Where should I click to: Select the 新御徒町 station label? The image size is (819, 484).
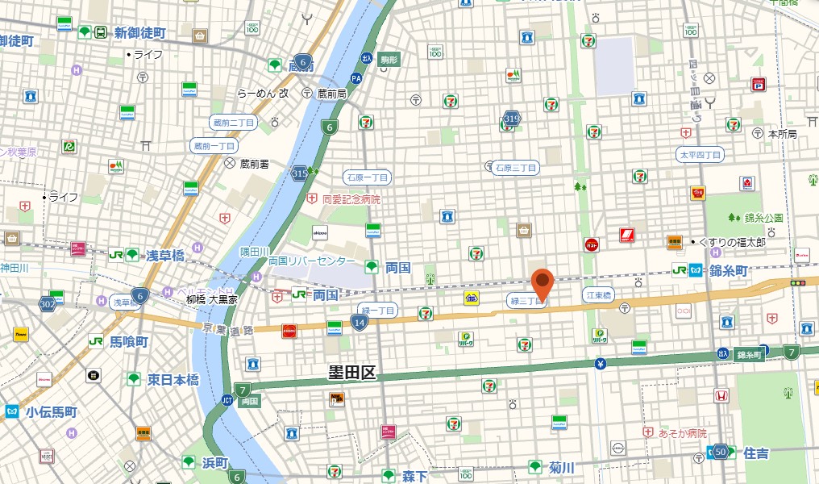[x=139, y=33]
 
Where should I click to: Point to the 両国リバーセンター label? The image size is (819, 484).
[x=311, y=261]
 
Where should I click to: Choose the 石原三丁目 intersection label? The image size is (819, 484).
[x=515, y=167]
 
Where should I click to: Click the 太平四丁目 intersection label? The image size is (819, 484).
[x=701, y=154]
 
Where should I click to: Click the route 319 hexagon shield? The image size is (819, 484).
[x=511, y=119]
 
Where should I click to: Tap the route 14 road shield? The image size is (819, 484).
[x=359, y=323]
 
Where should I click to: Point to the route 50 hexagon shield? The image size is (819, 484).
[x=720, y=453]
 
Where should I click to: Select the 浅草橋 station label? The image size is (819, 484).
[x=164, y=255]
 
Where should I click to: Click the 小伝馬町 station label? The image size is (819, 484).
[x=51, y=411]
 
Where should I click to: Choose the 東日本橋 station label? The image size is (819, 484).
[x=173, y=379]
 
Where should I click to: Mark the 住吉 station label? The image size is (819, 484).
[x=756, y=453]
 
